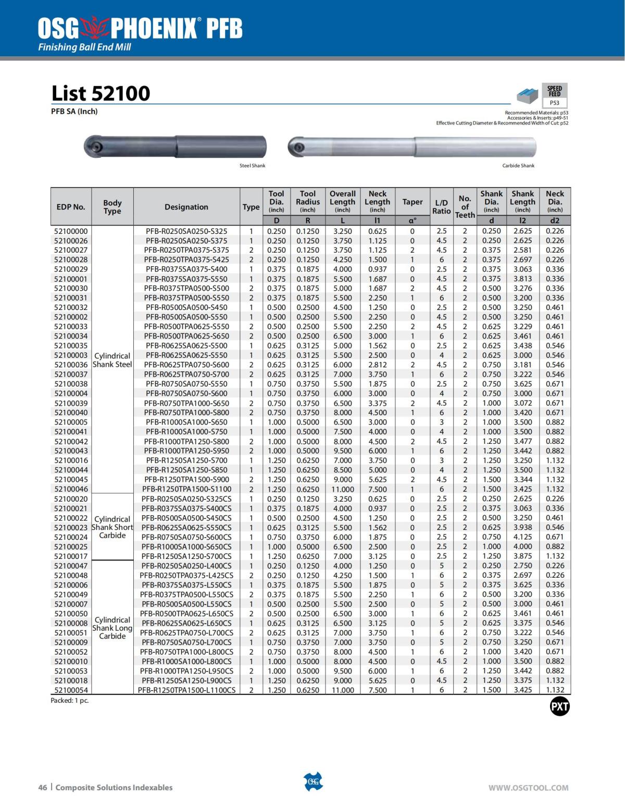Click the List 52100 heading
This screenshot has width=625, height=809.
click(x=101, y=94)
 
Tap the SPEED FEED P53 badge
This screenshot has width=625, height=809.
click(x=554, y=95)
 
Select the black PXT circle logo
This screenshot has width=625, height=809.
click(x=559, y=707)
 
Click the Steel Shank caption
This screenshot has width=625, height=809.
click(x=252, y=166)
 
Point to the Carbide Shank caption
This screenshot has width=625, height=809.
click(x=518, y=166)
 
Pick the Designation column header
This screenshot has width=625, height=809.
click(x=186, y=207)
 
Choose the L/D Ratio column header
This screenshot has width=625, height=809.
click(x=441, y=207)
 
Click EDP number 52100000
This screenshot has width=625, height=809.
click(x=71, y=231)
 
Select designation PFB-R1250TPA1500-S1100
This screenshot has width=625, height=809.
click(x=186, y=489)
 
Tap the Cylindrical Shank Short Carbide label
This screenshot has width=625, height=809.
click(x=112, y=527)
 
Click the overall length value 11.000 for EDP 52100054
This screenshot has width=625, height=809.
click(x=342, y=690)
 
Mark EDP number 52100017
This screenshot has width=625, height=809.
click(x=71, y=556)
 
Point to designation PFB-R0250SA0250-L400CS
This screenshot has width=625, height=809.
click(x=186, y=566)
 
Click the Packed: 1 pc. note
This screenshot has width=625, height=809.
click(x=70, y=701)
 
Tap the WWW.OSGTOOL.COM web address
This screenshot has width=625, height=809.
click(x=528, y=788)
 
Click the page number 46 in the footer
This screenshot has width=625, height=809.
click(x=43, y=788)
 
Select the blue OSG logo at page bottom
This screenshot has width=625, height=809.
click(x=313, y=781)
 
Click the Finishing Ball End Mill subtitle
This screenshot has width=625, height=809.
click(x=84, y=47)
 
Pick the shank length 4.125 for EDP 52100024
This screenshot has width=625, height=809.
click(x=522, y=537)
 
